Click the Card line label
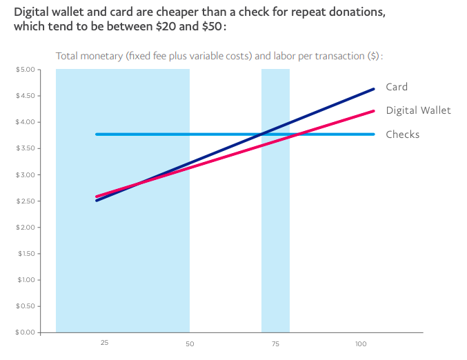[397, 87]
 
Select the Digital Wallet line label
[418, 110]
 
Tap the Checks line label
[402, 134]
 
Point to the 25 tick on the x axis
[104, 343]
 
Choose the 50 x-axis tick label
[190, 343]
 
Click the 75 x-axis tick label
[275, 343]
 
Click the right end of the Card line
[373, 89]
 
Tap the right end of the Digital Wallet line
[373, 111]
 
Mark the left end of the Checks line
[97, 134]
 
